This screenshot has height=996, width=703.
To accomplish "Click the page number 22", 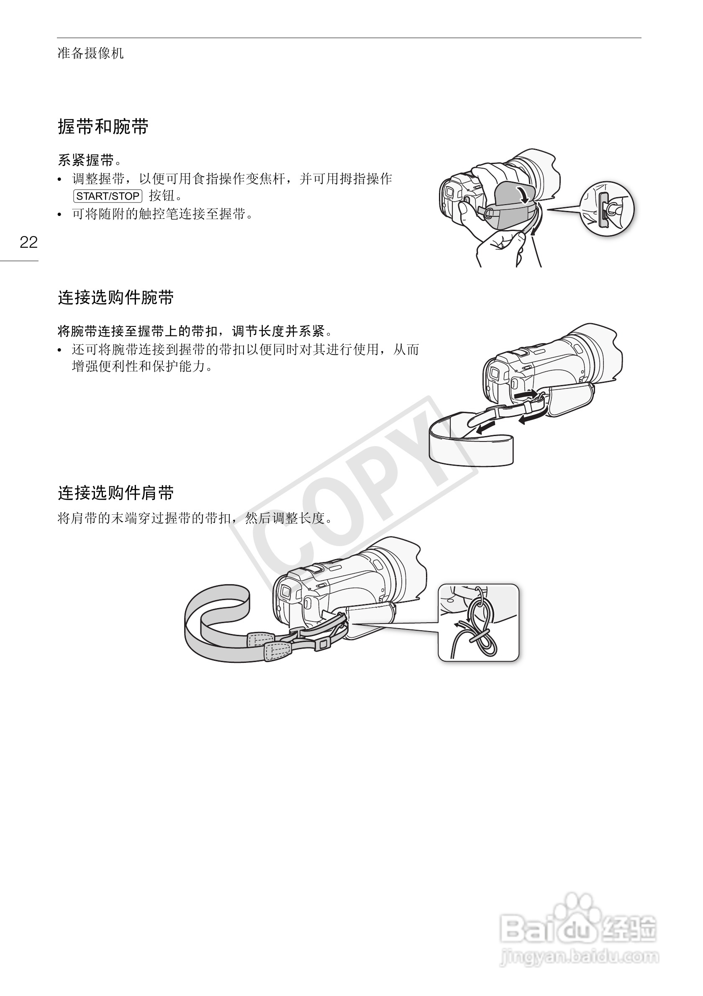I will pyautogui.click(x=28, y=242).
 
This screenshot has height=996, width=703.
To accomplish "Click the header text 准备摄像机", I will pyautogui.click(x=90, y=54).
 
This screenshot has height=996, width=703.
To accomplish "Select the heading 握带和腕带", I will pyautogui.click(x=103, y=127).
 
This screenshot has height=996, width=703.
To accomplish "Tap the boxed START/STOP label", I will pyautogui.click(x=108, y=196).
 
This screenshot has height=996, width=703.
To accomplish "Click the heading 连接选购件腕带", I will pyautogui.click(x=116, y=298).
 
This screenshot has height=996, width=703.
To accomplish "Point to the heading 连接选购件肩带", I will pyautogui.click(x=116, y=493).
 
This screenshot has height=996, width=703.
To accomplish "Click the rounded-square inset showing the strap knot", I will pyautogui.click(x=478, y=623).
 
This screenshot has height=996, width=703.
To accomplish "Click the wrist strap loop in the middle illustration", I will pyautogui.click(x=470, y=447).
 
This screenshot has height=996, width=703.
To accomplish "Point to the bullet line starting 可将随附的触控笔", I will pyautogui.click(x=163, y=214).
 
